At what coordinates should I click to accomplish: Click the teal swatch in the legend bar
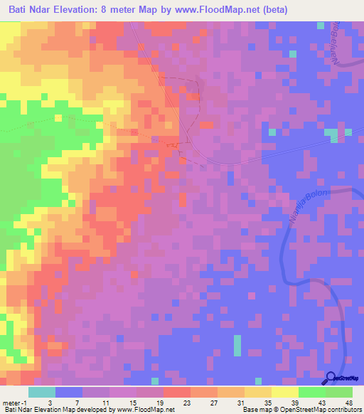(41, 392)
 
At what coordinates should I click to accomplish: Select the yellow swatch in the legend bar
(284, 392)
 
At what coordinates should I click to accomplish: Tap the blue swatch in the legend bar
(68, 392)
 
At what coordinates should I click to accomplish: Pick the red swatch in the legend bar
(176, 392)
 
